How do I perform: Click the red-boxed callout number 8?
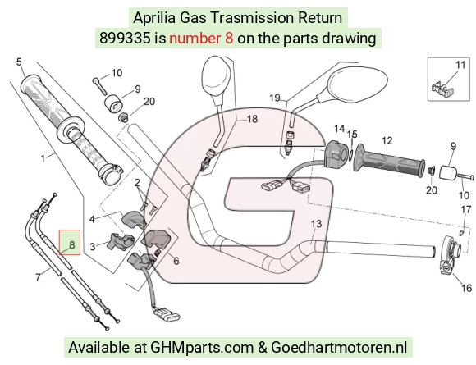pos(71,244)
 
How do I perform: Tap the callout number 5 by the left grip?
pos(19,62)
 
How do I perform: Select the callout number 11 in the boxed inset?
pos(460,65)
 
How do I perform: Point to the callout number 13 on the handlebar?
pos(316,224)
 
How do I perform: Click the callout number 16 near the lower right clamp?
pos(466,288)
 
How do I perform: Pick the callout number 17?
pos(466,209)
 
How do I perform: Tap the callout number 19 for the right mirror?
pos(275,98)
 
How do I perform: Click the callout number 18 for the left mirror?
pos(252,119)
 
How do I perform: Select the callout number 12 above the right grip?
pos(387,140)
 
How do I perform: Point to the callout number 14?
pos(340,129)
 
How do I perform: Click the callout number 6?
pos(176,261)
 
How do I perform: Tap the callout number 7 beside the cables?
pos(38,276)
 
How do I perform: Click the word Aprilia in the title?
pos(154,18)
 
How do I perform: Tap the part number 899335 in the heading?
pos(125,39)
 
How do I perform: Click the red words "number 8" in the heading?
pos(201,39)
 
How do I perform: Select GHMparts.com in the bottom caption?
pos(202,348)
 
